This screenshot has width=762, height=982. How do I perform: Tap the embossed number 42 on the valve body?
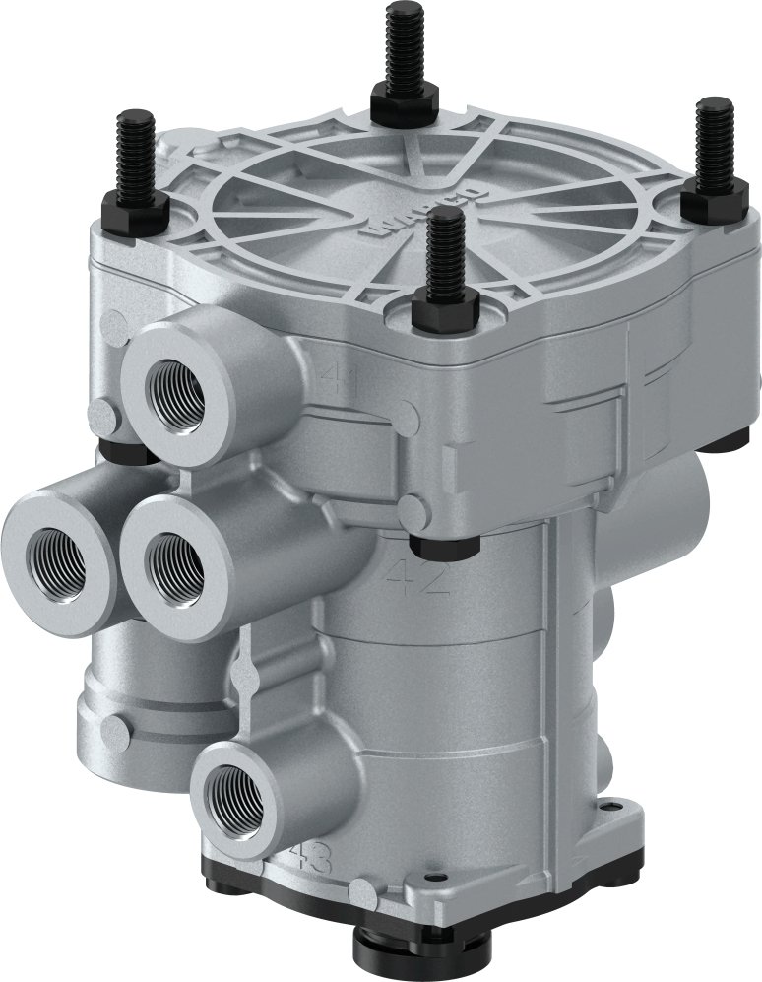[418, 578]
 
